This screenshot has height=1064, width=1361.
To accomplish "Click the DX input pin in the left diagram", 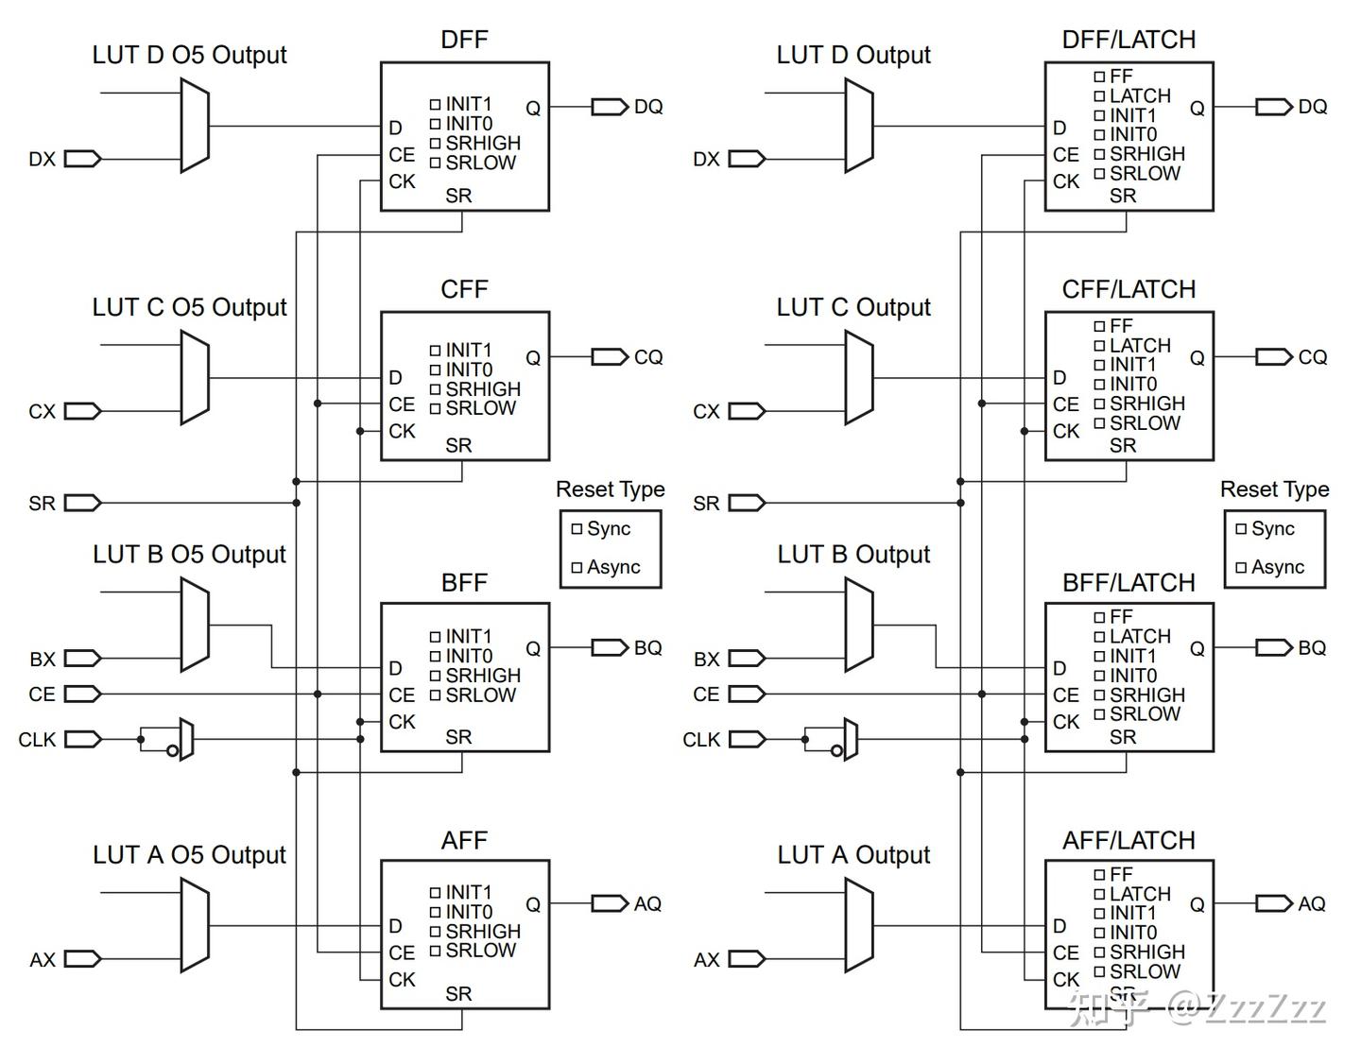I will [82, 159].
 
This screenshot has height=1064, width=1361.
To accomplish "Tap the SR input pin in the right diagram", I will [746, 503].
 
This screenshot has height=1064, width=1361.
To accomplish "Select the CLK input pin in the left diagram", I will [82, 739].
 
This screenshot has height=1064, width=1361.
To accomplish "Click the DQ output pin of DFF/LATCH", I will [1273, 107].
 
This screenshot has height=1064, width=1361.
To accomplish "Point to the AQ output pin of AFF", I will [610, 903].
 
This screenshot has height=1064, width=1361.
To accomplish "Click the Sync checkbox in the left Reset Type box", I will [577, 529].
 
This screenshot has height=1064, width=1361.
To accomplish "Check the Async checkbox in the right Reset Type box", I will [1241, 568].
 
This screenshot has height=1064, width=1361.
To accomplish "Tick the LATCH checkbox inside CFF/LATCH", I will [1099, 346].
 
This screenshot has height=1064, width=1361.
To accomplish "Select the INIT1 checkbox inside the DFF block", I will [435, 104].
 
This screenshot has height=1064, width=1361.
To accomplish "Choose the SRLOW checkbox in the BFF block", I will [435, 695].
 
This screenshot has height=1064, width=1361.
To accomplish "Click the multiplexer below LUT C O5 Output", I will [195, 377].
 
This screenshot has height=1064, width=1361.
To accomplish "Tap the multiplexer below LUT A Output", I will [859, 925].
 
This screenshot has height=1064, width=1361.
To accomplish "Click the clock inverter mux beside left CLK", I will [186, 739].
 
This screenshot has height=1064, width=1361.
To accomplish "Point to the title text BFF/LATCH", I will [1128, 583].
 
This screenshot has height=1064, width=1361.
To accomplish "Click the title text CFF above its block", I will [464, 289].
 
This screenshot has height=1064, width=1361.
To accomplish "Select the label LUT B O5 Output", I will [189, 555].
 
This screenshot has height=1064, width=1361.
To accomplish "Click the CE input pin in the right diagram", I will [746, 694].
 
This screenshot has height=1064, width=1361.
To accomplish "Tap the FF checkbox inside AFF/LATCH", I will [1099, 875].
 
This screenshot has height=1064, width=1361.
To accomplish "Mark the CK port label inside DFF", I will [402, 181].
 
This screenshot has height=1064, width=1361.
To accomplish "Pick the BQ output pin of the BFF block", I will [610, 647].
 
